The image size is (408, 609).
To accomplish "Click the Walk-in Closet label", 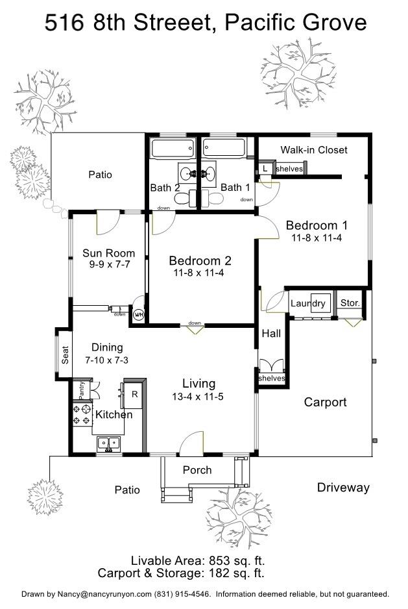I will (313, 150).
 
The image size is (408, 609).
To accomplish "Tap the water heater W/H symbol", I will (138, 315).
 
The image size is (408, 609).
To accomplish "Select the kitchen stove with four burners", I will (82, 415).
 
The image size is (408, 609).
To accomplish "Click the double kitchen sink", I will (109, 444).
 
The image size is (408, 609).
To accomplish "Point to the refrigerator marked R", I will (134, 394).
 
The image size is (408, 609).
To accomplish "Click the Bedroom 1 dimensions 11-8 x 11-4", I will (317, 238).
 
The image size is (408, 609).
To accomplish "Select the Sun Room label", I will (108, 253).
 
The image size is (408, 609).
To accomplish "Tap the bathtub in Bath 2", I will (172, 149).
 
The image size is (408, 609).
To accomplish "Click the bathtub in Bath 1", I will (222, 149).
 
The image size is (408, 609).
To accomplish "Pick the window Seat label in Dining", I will (65, 354).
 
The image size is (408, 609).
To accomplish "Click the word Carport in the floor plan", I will (325, 403).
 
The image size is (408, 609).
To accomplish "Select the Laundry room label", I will (307, 303).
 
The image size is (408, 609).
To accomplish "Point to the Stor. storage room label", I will (350, 303).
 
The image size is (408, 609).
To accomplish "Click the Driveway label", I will (343, 488).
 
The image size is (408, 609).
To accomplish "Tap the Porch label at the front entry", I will (197, 470).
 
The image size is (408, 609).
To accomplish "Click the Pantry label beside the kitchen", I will (82, 390).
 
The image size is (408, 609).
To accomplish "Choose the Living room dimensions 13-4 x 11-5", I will (198, 397).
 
